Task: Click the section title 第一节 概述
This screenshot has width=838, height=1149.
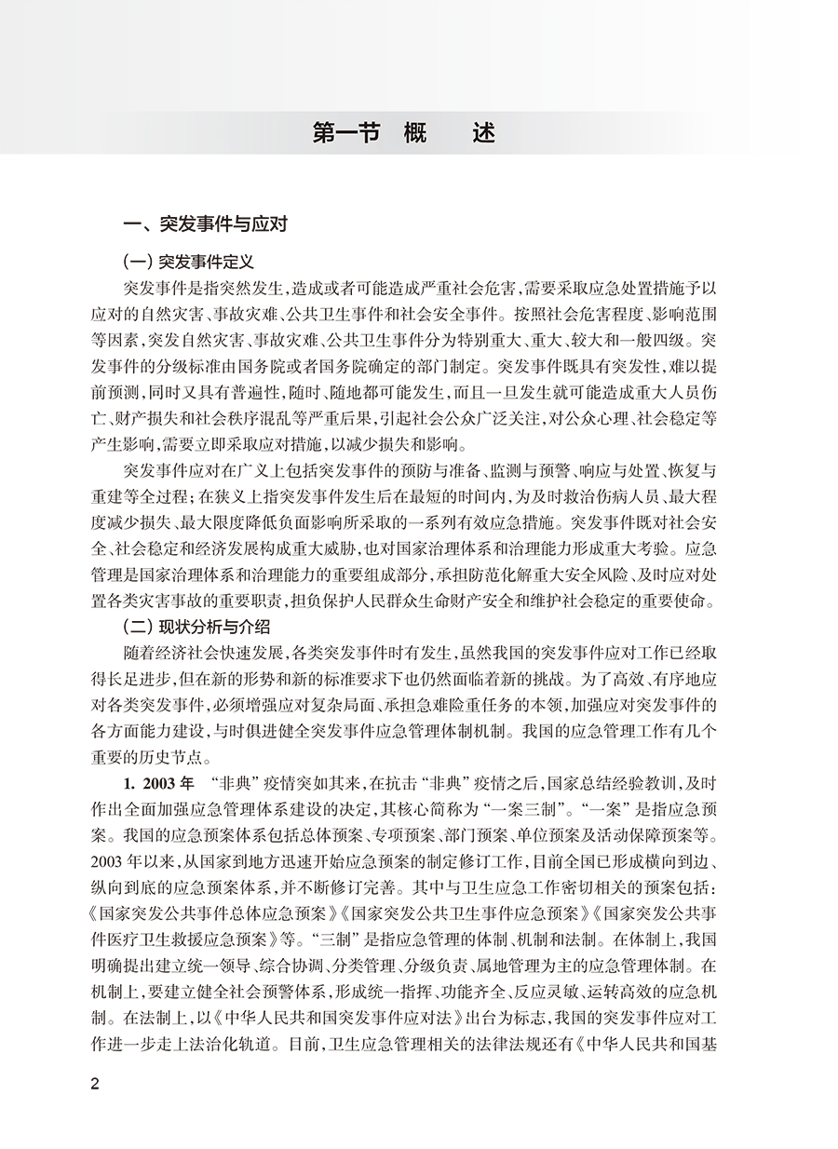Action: (404, 132)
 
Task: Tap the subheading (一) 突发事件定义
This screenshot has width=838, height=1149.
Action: (188, 264)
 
